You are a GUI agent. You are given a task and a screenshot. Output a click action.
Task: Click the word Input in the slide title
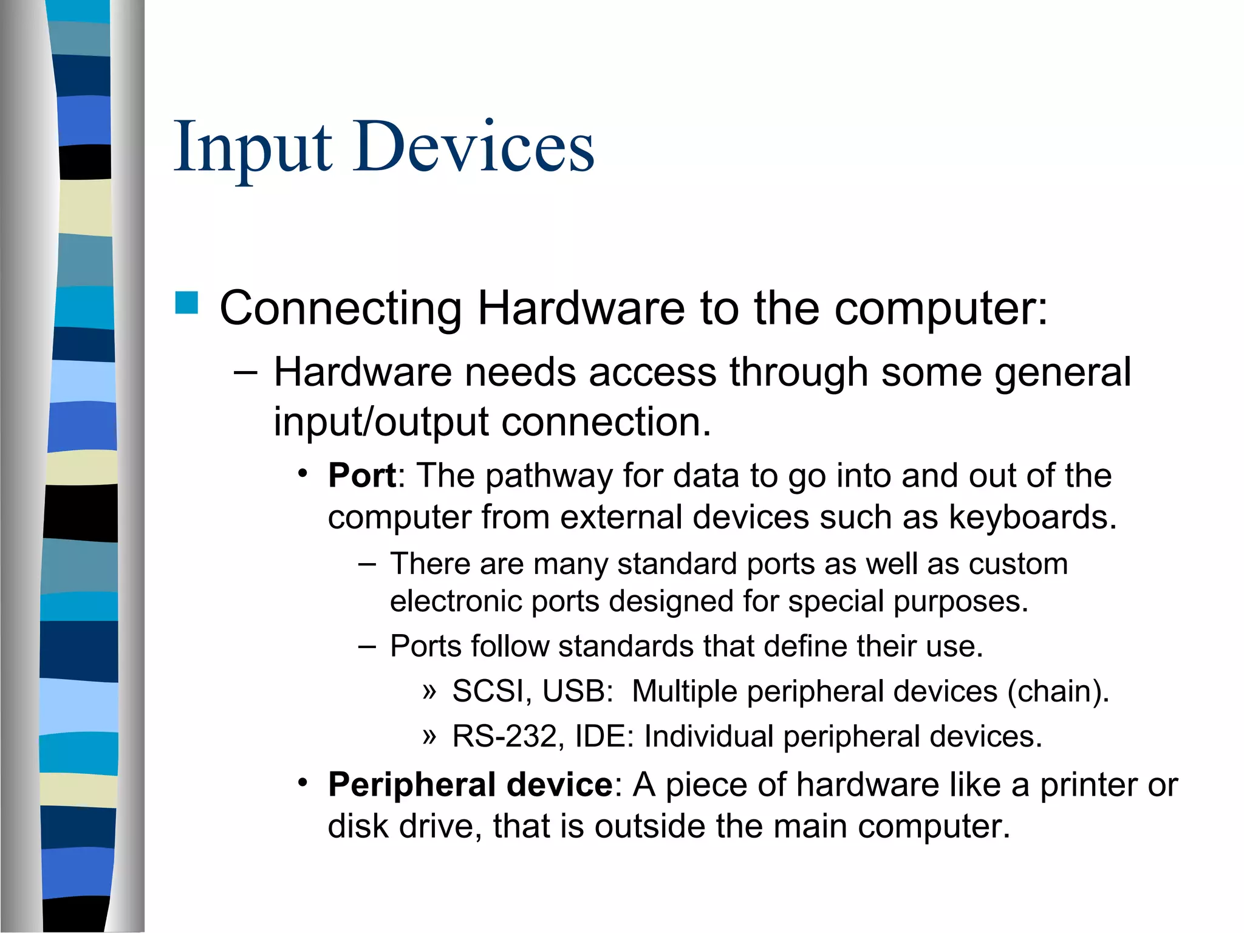pos(253,148)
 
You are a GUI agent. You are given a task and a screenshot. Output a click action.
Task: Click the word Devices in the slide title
pos(474,148)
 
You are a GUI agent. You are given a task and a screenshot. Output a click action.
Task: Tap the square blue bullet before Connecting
pos(186,302)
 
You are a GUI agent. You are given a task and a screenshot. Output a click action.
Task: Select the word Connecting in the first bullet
pos(341,309)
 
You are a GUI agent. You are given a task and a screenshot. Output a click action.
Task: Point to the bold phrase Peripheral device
pos(470,784)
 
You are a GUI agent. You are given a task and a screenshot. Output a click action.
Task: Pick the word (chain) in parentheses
pos(1058,691)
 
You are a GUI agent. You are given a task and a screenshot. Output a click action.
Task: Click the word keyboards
pos(1032,518)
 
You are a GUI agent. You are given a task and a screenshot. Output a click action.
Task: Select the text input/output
pos(381,422)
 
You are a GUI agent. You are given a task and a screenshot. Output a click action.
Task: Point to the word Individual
pos(708,736)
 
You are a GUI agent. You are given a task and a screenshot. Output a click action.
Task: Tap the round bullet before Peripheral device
pos(302,782)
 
